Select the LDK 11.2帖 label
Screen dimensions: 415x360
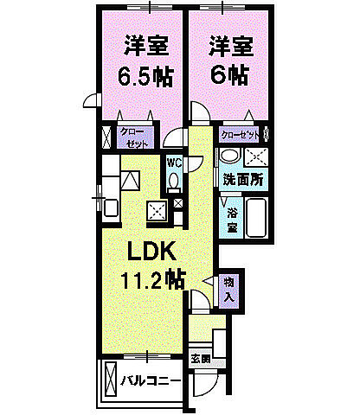tap(154, 265)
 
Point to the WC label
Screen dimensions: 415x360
tap(172, 163)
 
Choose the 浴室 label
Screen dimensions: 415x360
tap(232, 220)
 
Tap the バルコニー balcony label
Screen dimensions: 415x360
tap(151, 380)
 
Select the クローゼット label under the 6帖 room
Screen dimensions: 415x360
tap(241, 135)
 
